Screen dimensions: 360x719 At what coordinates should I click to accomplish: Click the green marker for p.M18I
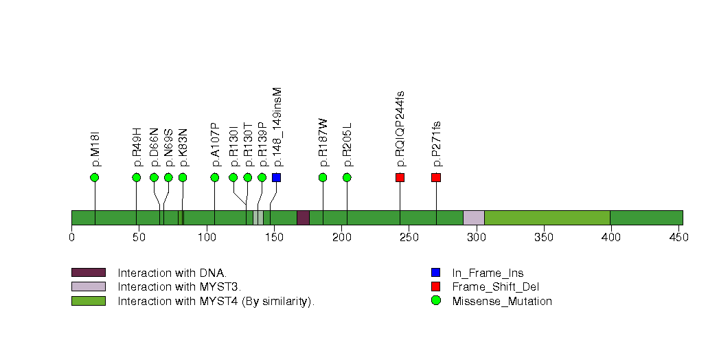click(95, 178)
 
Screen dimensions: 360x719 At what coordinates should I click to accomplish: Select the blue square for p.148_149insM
click(276, 178)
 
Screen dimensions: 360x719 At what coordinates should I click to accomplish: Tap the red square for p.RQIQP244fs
click(400, 178)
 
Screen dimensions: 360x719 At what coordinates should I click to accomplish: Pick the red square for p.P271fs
click(436, 178)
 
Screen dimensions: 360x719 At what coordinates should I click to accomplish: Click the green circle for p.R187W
click(323, 178)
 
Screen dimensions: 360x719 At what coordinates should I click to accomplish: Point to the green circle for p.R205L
click(347, 178)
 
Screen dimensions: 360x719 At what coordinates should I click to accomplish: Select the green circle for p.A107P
click(215, 178)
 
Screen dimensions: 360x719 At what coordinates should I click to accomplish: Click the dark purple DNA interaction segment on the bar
click(303, 218)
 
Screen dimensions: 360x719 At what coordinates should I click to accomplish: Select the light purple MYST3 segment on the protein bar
click(473, 218)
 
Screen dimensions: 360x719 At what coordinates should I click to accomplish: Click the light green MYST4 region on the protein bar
click(547, 218)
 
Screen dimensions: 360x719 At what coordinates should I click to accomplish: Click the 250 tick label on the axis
click(409, 238)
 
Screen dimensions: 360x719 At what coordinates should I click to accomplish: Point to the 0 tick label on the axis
click(71, 238)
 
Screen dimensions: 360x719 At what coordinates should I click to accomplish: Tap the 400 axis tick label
click(610, 238)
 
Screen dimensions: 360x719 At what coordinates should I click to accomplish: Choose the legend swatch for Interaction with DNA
click(88, 273)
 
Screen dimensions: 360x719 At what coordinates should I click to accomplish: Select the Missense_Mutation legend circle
click(435, 301)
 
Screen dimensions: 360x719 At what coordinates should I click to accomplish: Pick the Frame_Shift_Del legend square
click(435, 286)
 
